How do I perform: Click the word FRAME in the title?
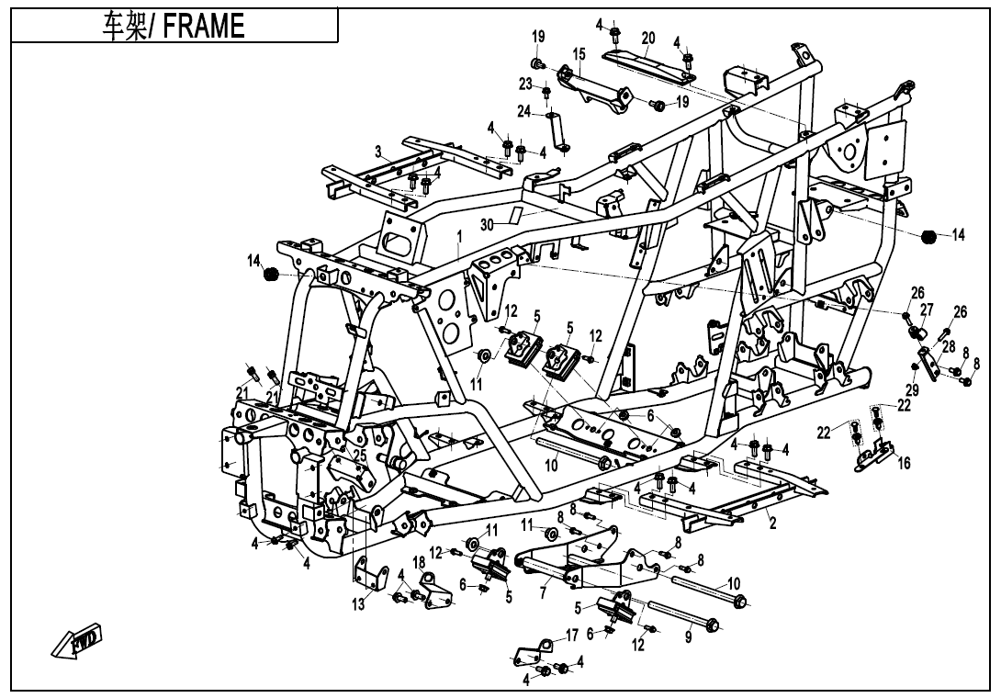205,27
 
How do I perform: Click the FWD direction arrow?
77,641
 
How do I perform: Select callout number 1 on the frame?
458,236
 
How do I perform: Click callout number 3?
377,151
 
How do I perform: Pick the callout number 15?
579,55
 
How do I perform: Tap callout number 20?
648,38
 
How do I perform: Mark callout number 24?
523,111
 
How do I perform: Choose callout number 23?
525,84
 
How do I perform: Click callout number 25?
360,455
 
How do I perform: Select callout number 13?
358,603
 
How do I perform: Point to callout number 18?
418,561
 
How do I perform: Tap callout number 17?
571,635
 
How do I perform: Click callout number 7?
543,594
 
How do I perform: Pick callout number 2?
772,523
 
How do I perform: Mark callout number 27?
927,310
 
